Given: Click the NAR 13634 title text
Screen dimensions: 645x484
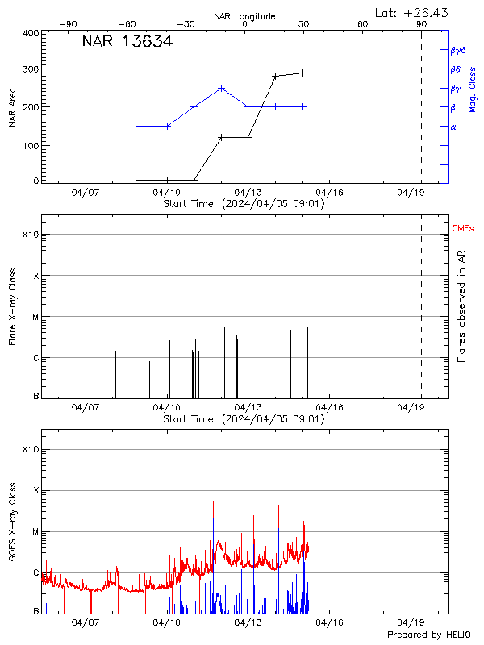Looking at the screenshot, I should click(x=127, y=42).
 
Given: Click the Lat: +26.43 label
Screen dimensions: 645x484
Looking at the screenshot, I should click(x=412, y=12).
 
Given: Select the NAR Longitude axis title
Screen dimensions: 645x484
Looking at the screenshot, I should click(x=244, y=16).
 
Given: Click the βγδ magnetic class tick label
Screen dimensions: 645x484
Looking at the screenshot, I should click(x=457, y=50).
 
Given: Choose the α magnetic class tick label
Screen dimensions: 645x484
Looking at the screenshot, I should click(x=453, y=127).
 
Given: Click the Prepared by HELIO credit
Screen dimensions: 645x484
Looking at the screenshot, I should click(x=430, y=635).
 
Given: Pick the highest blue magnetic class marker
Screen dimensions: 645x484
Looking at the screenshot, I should click(x=221, y=88).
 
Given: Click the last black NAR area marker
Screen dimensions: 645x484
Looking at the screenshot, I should click(x=303, y=73).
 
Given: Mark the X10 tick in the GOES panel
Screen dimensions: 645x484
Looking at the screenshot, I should click(x=31, y=449).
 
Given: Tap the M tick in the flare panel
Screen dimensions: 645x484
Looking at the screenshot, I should click(x=35, y=317).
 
